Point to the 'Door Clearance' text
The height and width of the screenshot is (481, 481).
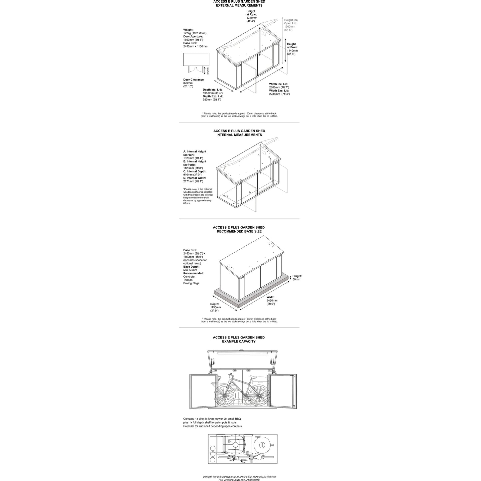[193, 80]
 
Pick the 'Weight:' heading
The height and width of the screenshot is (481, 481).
[188, 30]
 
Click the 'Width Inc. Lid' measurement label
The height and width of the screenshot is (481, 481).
[279, 84]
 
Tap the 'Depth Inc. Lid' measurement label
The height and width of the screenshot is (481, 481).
[213, 90]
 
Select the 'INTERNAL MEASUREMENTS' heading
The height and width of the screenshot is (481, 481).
[239, 135]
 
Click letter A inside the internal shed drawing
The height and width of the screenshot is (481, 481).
[258, 155]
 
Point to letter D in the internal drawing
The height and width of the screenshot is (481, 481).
[250, 192]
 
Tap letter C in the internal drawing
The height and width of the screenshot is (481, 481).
[227, 196]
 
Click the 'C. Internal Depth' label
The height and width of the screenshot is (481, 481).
[195, 171]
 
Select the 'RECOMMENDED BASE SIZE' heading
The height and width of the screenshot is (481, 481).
[239, 231]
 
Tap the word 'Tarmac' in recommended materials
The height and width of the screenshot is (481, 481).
[188, 280]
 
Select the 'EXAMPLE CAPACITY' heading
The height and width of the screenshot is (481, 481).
[239, 342]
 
